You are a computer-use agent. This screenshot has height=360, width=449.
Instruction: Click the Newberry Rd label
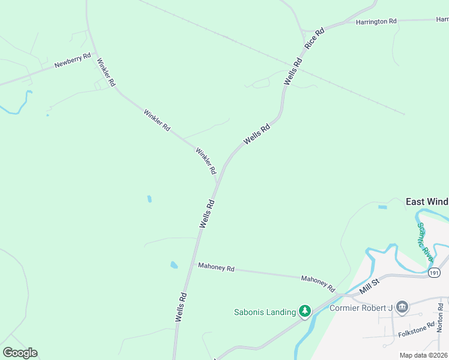pyautogui.click(x=72, y=60)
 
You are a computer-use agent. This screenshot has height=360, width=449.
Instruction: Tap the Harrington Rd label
pyautogui.click(x=376, y=22)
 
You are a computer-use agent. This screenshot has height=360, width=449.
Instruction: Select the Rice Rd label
pyautogui.click(x=315, y=38)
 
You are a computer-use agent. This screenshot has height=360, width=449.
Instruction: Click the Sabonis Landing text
pyautogui.click(x=265, y=312)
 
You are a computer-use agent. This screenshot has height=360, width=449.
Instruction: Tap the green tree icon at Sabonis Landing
pyautogui.click(x=305, y=311)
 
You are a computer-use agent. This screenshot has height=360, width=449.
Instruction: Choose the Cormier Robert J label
pyautogui.click(x=361, y=308)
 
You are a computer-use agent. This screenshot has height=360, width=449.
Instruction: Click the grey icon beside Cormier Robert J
pyautogui.click(x=402, y=308)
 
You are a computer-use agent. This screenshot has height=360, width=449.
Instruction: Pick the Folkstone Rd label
pyautogui.click(x=416, y=329)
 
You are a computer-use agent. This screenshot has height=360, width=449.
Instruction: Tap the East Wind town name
pyautogui.click(x=427, y=202)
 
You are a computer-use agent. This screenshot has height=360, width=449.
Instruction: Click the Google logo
pyautogui.click(x=20, y=353)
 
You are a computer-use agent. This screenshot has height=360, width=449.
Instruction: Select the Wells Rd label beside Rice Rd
pyautogui.click(x=293, y=71)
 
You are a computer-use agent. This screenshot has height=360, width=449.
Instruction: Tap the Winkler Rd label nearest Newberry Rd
pyautogui.click(x=106, y=73)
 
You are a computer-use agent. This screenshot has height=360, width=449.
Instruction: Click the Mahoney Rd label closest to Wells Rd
pyautogui.click(x=216, y=268)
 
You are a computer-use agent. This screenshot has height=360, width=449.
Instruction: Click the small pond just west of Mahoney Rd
pyautogui.click(x=173, y=265)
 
